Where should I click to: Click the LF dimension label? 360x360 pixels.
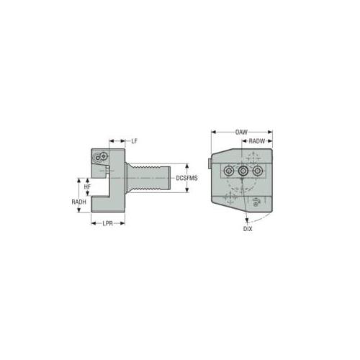[x=134, y=141]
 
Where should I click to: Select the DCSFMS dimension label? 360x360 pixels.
[x=187, y=178]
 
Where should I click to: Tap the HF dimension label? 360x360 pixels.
[x=87, y=186]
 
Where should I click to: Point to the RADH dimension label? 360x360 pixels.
[x=78, y=202]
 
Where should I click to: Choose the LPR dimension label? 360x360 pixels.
[x=107, y=223]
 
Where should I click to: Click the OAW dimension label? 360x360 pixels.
[x=241, y=132]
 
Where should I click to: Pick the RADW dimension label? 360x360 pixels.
[x=256, y=141]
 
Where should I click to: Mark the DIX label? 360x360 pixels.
[x=248, y=229]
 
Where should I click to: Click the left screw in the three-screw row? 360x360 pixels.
[x=228, y=171]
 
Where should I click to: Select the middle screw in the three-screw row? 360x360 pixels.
[x=243, y=171]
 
